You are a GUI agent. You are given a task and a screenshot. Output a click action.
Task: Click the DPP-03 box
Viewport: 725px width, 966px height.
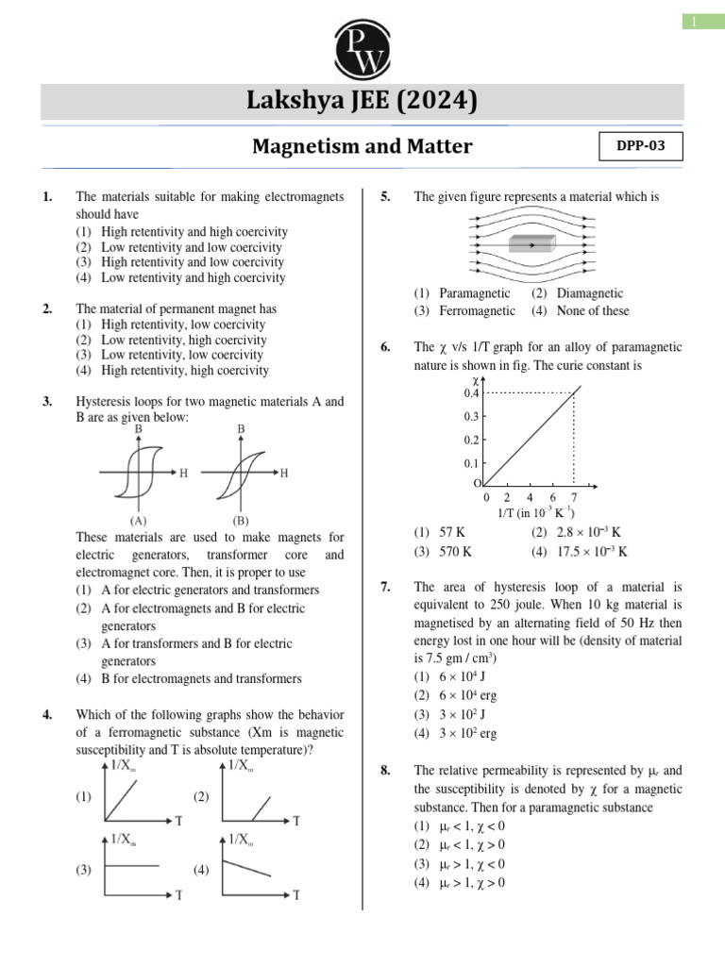click(640, 146)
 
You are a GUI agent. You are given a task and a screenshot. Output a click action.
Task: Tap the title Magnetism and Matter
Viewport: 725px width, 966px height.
click(362, 146)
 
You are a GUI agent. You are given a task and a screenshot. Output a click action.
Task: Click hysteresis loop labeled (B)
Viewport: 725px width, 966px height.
click(241, 473)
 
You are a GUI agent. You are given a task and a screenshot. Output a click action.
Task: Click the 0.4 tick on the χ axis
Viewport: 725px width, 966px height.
click(472, 392)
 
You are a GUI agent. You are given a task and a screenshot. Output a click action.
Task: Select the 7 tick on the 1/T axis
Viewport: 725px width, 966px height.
click(574, 497)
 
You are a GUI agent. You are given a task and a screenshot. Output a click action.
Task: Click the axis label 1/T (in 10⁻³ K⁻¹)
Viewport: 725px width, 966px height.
click(535, 513)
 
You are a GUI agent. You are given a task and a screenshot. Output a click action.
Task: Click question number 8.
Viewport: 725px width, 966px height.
click(386, 771)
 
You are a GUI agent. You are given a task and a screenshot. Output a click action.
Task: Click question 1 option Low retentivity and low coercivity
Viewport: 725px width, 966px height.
click(179, 247)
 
